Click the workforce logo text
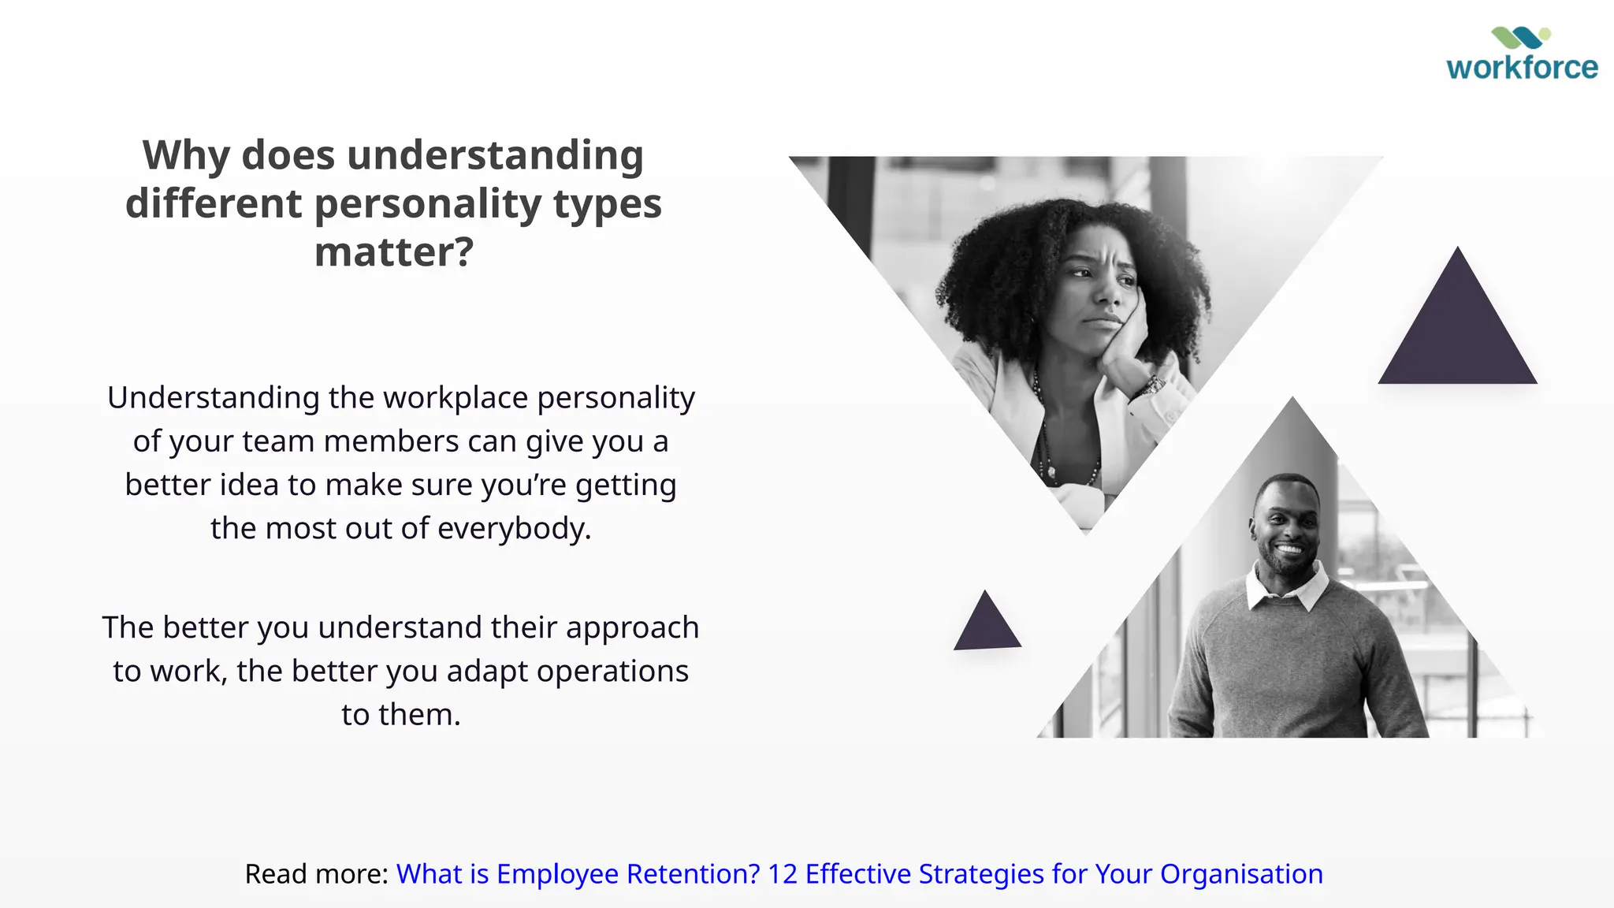[1522, 68]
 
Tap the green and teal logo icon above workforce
[1520, 37]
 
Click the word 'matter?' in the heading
[394, 252]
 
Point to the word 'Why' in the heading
[186, 155]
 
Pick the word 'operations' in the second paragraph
[612, 672]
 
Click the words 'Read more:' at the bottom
[316, 874]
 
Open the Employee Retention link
[859, 874]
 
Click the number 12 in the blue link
[783, 874]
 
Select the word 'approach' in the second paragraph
[632, 628]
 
